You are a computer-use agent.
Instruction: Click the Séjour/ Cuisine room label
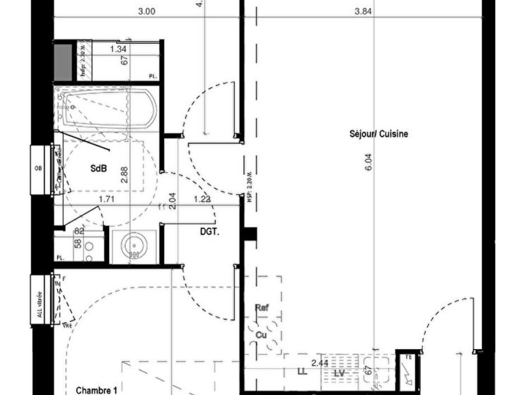(x=379, y=134)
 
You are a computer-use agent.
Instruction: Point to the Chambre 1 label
(x=96, y=390)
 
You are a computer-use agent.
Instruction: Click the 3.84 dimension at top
(x=364, y=11)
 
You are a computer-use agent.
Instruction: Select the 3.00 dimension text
(x=146, y=11)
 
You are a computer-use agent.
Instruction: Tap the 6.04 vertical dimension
(x=368, y=162)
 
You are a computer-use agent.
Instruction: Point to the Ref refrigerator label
(x=262, y=308)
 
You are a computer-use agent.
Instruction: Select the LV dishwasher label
(x=339, y=373)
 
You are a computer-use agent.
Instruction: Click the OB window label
(x=38, y=168)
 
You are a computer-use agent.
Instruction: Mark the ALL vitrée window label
(x=39, y=304)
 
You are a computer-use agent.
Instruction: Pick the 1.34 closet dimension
(x=119, y=49)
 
